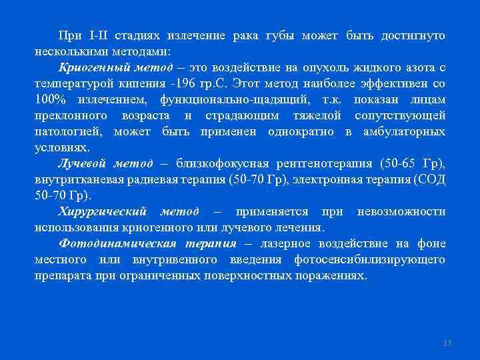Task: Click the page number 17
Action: (447, 343)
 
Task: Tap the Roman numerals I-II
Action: (91, 35)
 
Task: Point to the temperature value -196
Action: (182, 83)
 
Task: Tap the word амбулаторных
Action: (405, 132)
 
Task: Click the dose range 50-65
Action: (399, 164)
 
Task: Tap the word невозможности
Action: (401, 212)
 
